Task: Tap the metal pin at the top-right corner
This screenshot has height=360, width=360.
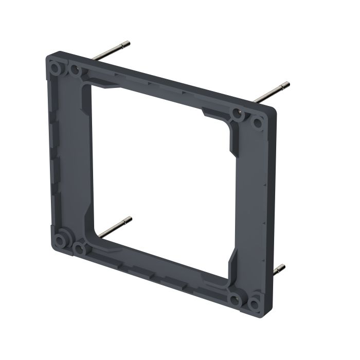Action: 272,92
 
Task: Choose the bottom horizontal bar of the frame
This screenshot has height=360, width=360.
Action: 154,267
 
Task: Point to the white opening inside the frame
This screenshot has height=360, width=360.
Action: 159,170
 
